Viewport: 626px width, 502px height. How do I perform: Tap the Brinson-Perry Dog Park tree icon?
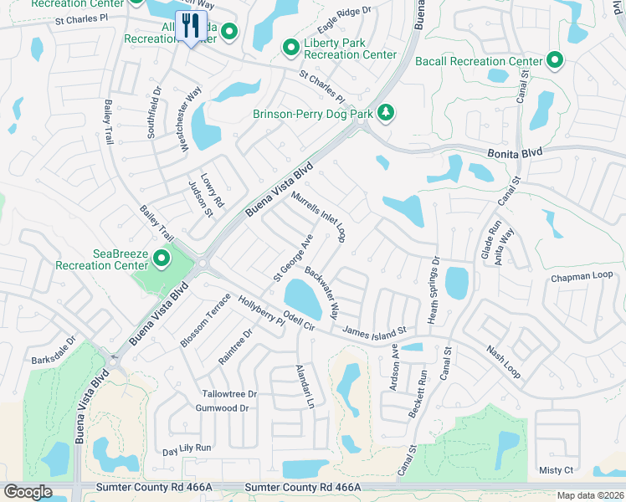coord(385,112)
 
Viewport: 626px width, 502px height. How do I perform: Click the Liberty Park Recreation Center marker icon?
coord(291,47)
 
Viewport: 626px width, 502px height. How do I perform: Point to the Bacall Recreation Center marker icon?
coord(554,60)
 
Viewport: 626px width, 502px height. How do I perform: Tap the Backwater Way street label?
coord(322,293)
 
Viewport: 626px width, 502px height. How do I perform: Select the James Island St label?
coord(373,330)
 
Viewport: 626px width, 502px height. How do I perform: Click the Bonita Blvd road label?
coord(514,152)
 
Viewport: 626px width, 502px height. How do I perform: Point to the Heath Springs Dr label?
coord(434,289)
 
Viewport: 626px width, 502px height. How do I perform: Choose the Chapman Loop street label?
coord(582,277)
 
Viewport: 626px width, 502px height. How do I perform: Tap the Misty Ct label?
coord(557,471)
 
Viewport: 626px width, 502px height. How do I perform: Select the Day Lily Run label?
coord(187,448)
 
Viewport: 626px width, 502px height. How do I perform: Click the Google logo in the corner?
coord(28,492)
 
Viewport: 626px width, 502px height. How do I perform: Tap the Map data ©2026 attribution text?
coord(590,495)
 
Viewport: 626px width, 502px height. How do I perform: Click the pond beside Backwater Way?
coord(302,295)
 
